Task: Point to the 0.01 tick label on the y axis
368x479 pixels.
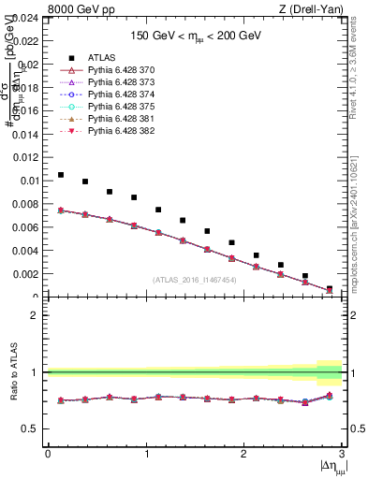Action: click(28, 181)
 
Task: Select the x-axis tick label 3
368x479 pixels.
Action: click(342, 454)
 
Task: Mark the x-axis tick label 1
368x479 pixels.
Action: click(145, 454)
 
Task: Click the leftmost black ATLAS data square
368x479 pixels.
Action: click(60, 175)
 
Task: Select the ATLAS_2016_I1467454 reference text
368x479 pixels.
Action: click(195, 279)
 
